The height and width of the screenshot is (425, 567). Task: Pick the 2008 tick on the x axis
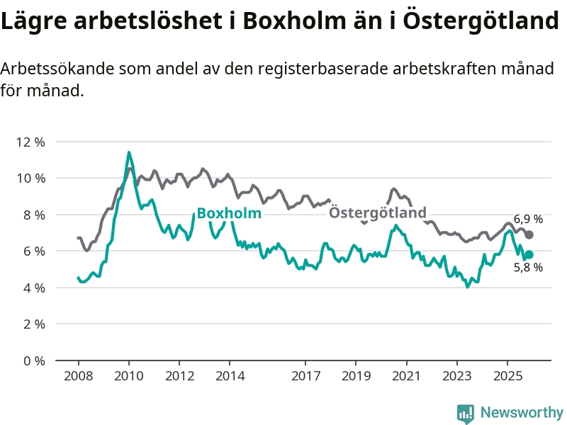tap(78, 375)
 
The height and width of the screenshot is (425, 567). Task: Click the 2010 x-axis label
tap(128, 375)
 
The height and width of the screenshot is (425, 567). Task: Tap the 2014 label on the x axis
tap(230, 375)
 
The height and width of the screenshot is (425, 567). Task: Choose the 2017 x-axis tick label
tap(305, 375)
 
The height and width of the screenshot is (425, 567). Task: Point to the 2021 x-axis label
tap(406, 375)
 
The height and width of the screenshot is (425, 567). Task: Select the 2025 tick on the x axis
tap(507, 375)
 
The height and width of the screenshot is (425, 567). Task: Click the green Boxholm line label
tap(229, 213)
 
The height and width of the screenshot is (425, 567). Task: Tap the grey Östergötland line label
tap(378, 212)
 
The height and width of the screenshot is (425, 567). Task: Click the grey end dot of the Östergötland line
tap(529, 234)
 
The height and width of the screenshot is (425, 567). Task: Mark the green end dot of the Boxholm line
tap(529, 254)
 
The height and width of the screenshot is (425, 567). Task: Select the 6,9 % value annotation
tap(528, 219)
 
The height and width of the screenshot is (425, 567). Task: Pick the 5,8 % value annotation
tap(528, 268)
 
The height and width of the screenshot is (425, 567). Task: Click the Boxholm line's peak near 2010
tap(128, 152)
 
